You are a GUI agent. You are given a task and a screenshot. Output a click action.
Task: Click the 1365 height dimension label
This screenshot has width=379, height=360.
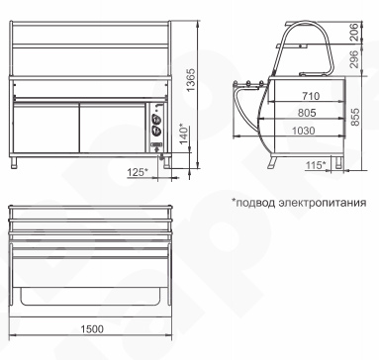[x=191, y=81]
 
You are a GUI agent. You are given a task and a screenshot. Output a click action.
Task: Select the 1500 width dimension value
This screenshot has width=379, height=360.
[x=92, y=329]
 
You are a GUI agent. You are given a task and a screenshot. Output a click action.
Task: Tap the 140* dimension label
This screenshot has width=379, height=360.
[x=184, y=133]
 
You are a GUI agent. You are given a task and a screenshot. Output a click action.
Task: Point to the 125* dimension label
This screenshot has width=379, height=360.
[x=138, y=172]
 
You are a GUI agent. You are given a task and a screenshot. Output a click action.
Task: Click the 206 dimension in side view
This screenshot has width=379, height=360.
[x=353, y=32]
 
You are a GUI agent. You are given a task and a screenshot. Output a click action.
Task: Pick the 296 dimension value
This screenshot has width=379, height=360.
[x=353, y=59]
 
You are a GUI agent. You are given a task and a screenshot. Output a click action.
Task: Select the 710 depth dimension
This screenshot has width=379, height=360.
[x=311, y=96]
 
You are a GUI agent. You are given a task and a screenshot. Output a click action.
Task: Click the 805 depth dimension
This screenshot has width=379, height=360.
[x=307, y=113]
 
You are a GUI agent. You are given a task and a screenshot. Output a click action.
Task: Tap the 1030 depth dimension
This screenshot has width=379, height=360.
[x=304, y=131]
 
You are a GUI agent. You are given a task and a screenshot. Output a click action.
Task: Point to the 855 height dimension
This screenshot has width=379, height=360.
[x=355, y=117]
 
